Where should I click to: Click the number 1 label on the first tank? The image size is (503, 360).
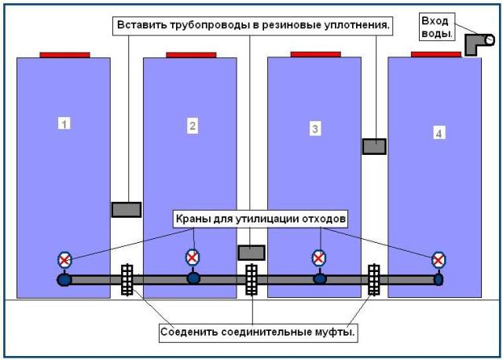pos(65,123)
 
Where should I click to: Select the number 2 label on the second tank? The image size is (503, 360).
pos(191,124)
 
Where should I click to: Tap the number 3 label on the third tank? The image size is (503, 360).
pos(315,129)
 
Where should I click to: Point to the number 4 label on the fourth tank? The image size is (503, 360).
pos(439,134)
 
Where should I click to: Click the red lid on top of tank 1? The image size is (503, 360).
pos(64,55)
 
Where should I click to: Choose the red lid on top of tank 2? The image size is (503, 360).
pos(191,55)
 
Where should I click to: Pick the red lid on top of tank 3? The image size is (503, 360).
pos(315,54)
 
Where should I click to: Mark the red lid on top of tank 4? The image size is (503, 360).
pos(435,54)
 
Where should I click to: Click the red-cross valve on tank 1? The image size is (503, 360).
pos(64,260)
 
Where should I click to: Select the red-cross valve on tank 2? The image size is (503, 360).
pos(192,257)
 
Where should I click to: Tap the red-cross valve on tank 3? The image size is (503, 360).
pos(318,258)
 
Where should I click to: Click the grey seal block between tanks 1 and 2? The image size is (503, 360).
pos(126,210)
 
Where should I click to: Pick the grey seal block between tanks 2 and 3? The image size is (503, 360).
pos(251,252)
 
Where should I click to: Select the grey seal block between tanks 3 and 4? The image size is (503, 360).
pos(374,146)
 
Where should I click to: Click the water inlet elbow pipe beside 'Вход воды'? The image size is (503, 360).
pos(477,44)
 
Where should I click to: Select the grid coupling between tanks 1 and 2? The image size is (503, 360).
pos(126,280)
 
